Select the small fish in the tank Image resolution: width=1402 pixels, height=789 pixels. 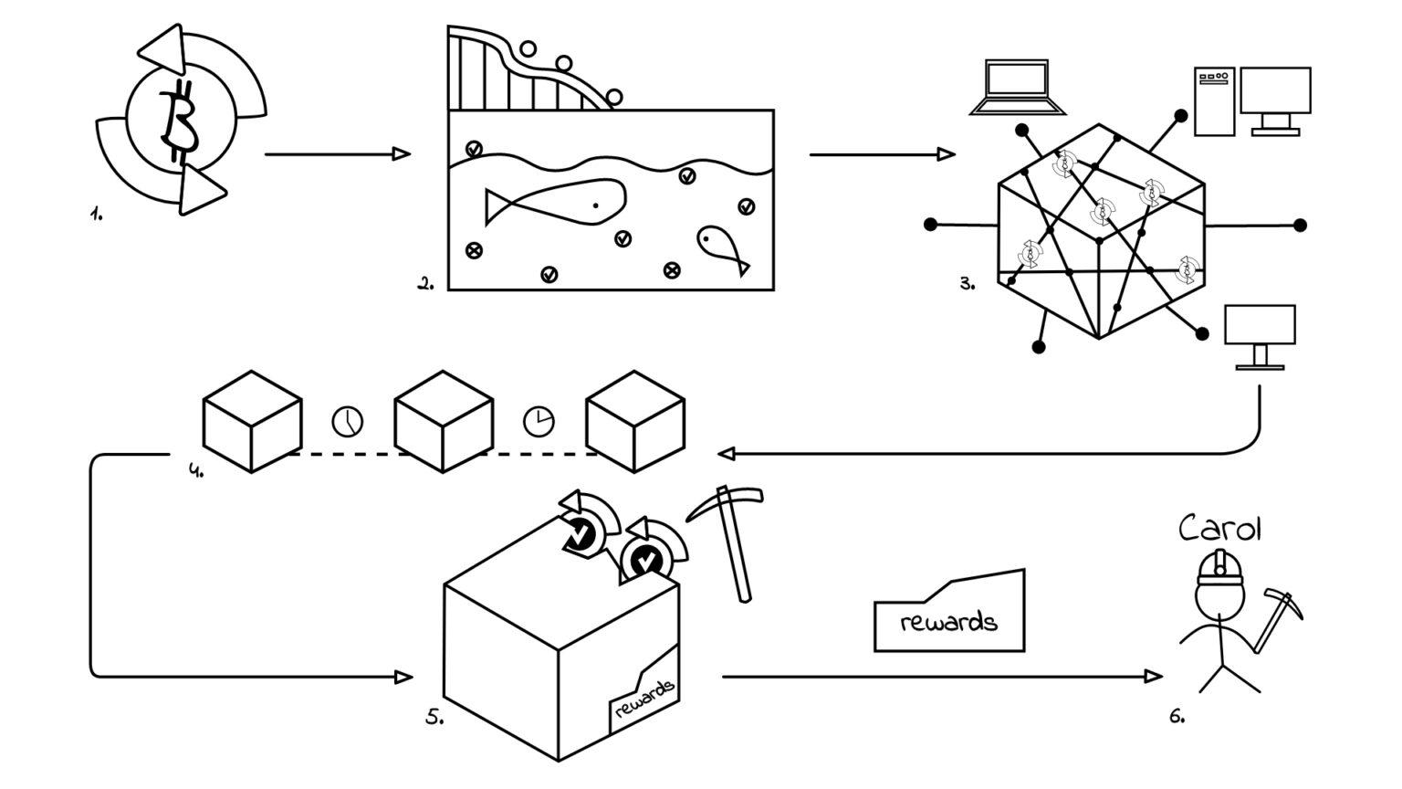721,246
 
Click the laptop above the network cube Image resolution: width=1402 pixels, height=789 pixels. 1017,89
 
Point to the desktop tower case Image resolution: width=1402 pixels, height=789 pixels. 1214,101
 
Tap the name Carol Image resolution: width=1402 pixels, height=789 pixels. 1219,529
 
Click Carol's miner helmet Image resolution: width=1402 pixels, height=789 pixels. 1219,568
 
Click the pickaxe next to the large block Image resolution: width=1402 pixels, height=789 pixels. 730,539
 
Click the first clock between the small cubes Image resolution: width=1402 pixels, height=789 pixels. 347,421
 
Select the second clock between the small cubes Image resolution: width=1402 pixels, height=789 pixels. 539,421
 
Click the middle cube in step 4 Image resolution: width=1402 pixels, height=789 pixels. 444,420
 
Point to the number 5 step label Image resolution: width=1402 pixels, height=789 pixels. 434,718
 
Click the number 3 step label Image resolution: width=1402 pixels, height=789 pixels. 967,284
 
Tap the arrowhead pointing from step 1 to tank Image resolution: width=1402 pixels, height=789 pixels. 402,154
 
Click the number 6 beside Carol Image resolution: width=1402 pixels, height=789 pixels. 1177,718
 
